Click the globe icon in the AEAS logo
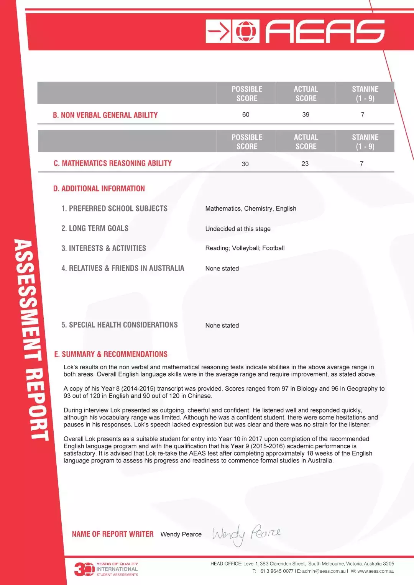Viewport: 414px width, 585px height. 246,31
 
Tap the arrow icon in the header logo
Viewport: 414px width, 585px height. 219,31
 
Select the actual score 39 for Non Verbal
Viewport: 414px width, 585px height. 306,115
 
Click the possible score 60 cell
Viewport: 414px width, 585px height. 246,115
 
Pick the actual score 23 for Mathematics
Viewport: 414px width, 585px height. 305,164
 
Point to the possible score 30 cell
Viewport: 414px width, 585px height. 245,164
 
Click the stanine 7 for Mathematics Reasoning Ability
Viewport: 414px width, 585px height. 361,164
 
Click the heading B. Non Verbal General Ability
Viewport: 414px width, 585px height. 105,115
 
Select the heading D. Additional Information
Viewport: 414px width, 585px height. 99,188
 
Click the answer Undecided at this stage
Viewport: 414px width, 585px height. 238,229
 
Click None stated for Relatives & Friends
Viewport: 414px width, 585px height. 222,269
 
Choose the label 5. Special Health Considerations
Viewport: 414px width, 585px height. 119,325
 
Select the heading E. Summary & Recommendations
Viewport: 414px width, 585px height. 111,354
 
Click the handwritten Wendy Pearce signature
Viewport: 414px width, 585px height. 245,534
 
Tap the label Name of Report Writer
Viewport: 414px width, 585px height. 113,534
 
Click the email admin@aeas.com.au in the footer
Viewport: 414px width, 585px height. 324,571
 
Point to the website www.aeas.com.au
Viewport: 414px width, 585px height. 376,571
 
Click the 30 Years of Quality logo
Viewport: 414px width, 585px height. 106,569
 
